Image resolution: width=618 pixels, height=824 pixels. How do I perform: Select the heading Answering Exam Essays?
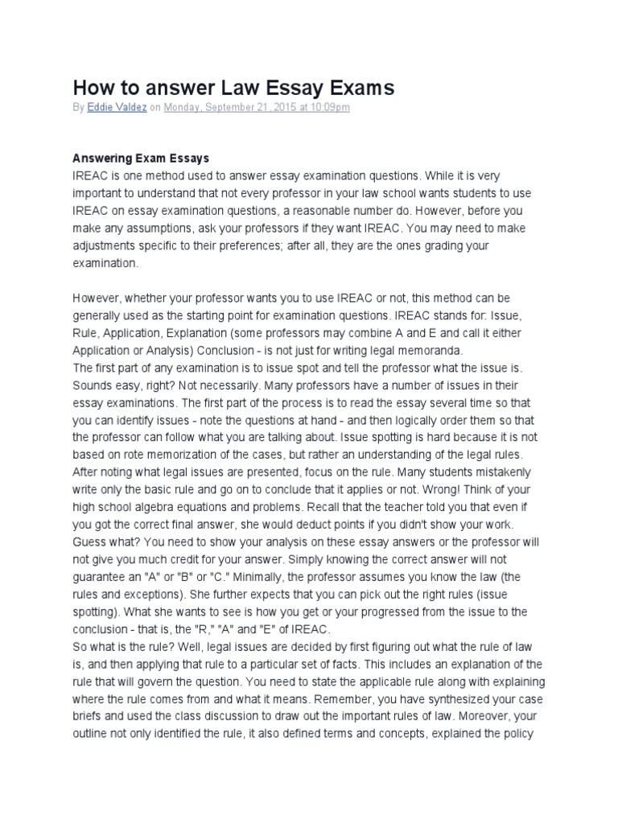pos(141,159)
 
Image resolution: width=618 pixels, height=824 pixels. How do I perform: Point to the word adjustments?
pos(109,245)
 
